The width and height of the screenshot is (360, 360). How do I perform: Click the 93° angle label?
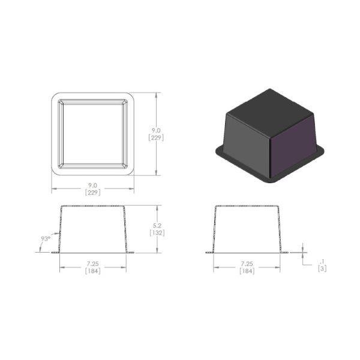point(46,239)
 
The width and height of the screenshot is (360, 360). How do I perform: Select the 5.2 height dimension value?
point(157,226)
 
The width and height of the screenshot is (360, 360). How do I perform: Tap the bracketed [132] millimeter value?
point(157,233)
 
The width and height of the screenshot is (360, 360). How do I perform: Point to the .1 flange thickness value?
point(322,262)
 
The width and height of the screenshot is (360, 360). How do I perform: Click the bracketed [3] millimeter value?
point(322,268)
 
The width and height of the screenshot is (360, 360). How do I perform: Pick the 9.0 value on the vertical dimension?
point(156,131)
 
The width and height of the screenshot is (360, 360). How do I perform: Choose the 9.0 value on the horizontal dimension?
point(93,185)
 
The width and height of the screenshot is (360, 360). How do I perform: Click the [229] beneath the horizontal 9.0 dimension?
point(93,193)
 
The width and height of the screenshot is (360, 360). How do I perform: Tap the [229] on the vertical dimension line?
point(156,138)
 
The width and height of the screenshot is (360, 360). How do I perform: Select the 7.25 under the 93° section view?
point(93,264)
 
